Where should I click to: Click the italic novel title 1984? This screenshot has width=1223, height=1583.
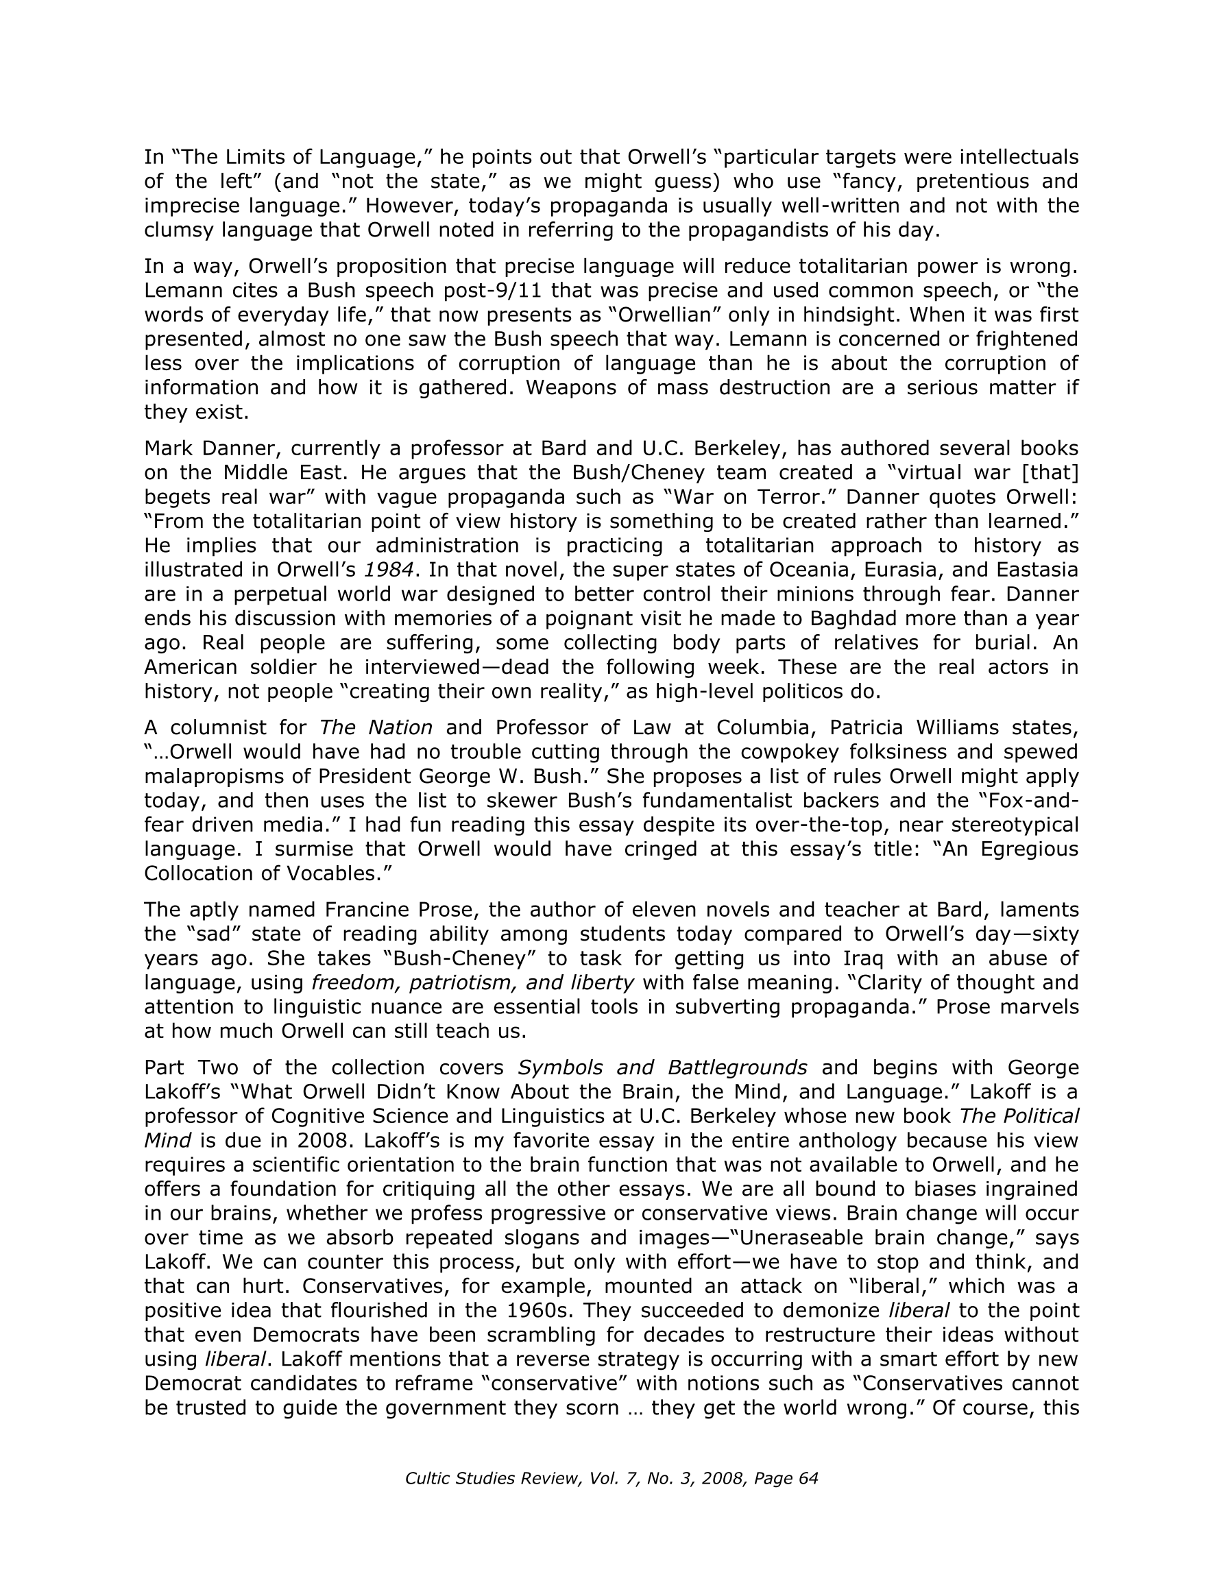389,570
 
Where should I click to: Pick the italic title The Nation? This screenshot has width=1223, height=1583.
376,727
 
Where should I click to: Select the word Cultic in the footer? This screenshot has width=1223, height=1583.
428,1478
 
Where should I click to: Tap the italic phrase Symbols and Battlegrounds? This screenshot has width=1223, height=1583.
662,1067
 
